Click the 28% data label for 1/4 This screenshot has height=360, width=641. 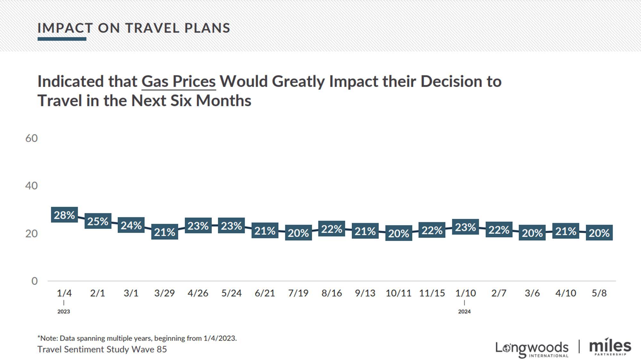coord(64,215)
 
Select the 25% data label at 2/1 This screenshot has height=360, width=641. coord(98,221)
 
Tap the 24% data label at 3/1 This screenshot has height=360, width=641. coord(131,225)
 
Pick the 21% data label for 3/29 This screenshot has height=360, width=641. coord(164,232)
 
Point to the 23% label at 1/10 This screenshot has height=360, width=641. coord(465,227)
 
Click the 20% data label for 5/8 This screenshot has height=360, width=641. coord(599,233)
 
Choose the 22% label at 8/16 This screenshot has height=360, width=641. coord(331,229)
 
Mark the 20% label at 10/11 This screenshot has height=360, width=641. coord(398,233)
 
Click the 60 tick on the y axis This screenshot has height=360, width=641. coord(31,138)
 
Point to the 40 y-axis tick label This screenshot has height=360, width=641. coord(31,186)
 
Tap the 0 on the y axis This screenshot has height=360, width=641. coord(34,281)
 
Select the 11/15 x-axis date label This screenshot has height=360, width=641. coord(432,293)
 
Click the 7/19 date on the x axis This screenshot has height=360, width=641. coord(298,293)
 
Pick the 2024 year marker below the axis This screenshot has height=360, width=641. coord(464,311)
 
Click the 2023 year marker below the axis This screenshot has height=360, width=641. coord(63,311)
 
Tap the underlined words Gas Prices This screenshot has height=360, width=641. coord(179,81)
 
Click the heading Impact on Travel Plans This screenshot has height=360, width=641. coord(134,28)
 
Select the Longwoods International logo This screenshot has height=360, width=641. coord(532,349)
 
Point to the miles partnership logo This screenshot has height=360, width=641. coord(610,347)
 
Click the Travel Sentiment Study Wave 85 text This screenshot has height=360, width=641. coord(102,349)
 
